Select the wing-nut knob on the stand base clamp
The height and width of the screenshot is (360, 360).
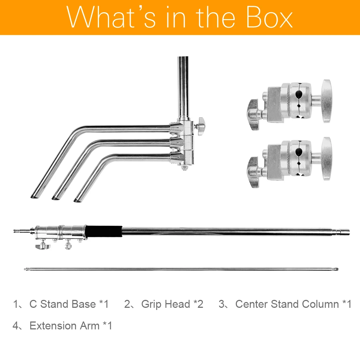point(200,126)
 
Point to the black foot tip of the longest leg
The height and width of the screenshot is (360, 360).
point(35,196)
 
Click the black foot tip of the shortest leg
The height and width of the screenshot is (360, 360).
point(78,200)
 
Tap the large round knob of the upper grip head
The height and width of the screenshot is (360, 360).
point(326,101)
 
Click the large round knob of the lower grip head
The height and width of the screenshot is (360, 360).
point(326,159)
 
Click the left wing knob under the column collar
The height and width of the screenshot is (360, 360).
point(43,246)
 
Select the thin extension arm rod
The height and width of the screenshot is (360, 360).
point(181,269)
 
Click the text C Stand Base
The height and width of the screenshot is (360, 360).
point(62,304)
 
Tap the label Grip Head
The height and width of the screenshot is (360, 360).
point(166,304)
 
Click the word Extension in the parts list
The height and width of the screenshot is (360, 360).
point(53,325)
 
